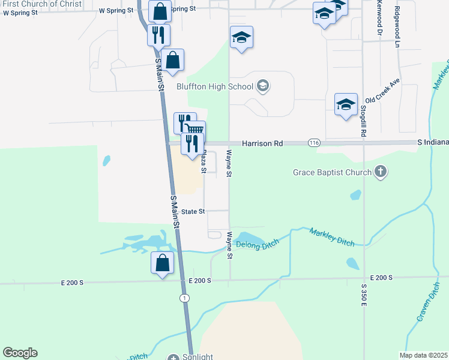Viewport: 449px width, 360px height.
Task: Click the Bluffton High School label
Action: click(215, 86)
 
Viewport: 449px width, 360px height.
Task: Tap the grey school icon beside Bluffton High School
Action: click(262, 86)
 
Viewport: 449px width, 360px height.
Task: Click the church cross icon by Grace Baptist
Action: click(379, 173)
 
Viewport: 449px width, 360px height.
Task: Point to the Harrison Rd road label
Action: click(262, 144)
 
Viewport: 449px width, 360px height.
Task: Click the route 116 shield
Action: click(314, 143)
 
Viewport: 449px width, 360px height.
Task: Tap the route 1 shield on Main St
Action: click(184, 298)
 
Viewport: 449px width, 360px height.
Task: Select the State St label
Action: click(193, 212)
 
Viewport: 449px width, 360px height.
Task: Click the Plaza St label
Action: click(203, 162)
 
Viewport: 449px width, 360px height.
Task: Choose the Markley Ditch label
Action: click(332, 236)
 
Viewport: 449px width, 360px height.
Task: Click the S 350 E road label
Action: click(364, 296)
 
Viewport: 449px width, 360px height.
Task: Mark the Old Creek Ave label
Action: click(383, 91)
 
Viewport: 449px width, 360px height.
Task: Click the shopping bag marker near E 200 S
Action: click(162, 262)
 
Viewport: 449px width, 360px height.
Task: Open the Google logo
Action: click(20, 353)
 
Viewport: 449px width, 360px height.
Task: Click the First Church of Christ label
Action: click(37, 4)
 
